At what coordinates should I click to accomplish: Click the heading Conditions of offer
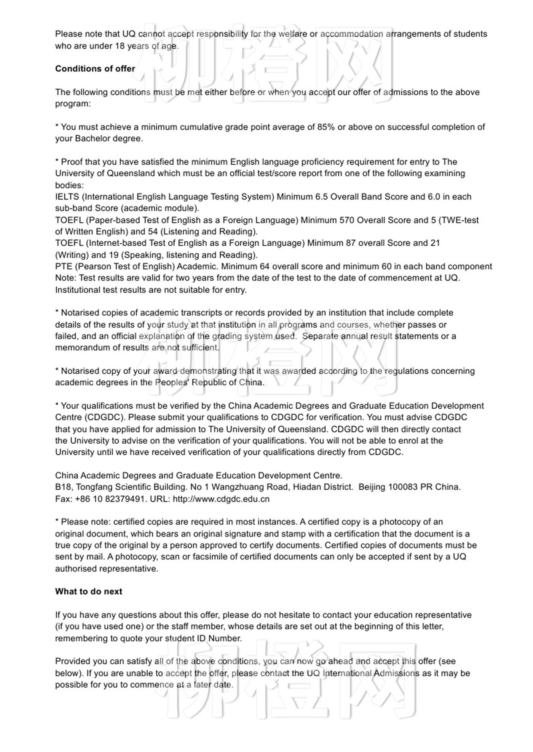click(x=95, y=69)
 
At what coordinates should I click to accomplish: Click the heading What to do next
click(x=88, y=592)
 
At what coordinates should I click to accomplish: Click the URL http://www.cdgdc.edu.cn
click(x=221, y=499)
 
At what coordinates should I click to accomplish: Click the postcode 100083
click(x=403, y=487)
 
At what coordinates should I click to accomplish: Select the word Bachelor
click(x=91, y=139)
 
